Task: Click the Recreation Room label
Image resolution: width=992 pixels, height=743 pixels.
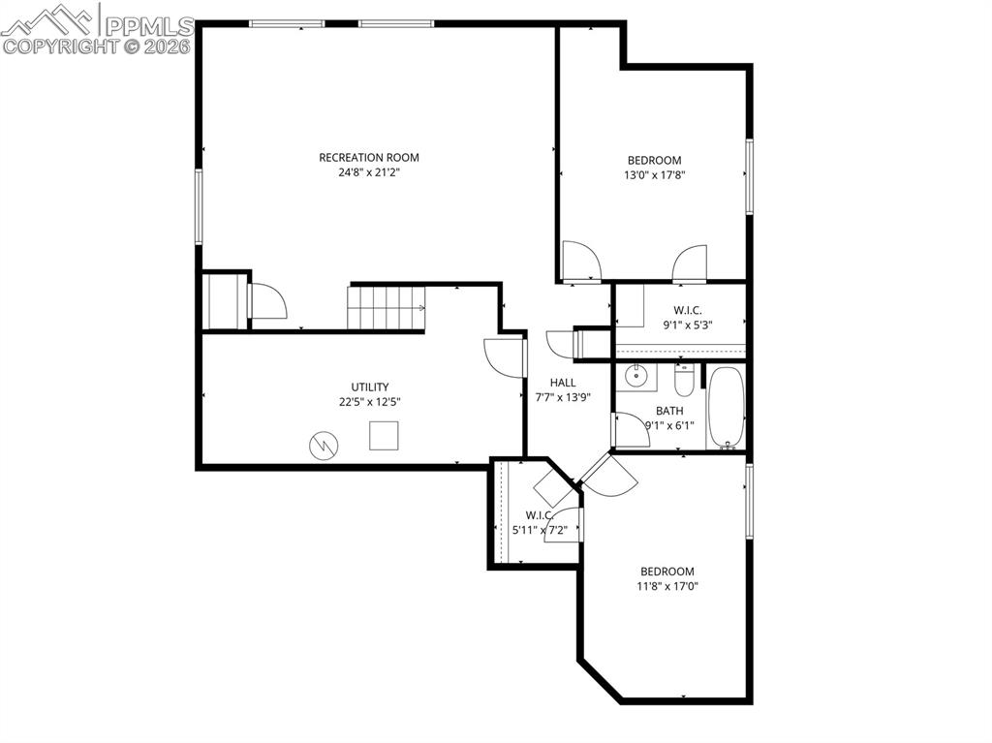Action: (369, 157)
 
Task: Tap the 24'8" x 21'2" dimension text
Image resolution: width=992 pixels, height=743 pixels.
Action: (369, 173)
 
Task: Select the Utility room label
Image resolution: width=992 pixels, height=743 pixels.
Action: (369, 387)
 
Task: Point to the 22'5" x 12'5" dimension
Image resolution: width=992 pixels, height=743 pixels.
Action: (369, 402)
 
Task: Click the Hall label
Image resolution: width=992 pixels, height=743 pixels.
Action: (563, 383)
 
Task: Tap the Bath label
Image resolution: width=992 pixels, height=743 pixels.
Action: (669, 411)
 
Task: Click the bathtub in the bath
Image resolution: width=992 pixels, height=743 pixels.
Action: (726, 407)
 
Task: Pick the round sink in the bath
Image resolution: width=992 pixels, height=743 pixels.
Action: (635, 376)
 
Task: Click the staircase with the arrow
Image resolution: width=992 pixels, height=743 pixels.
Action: (387, 308)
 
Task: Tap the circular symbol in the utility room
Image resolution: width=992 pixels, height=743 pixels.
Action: (323, 445)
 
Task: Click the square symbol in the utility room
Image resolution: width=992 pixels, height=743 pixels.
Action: (384, 436)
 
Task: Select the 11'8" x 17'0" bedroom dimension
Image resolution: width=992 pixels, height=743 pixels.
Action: (667, 586)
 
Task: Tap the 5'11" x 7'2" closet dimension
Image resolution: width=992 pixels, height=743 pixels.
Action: (546, 530)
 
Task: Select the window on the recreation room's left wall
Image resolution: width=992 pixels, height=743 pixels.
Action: (199, 205)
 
